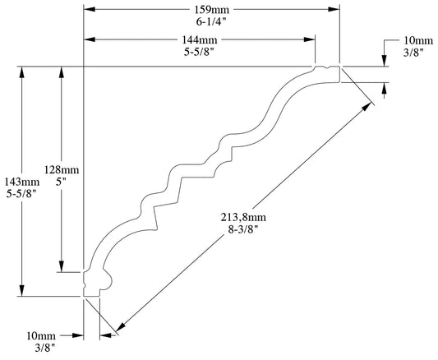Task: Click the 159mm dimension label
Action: click(211, 10)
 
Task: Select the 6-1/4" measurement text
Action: click(211, 21)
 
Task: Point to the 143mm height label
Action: click(22, 182)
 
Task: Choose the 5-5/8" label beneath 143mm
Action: click(22, 194)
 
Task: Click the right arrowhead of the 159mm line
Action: click(335, 10)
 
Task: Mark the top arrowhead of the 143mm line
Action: click(22, 72)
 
